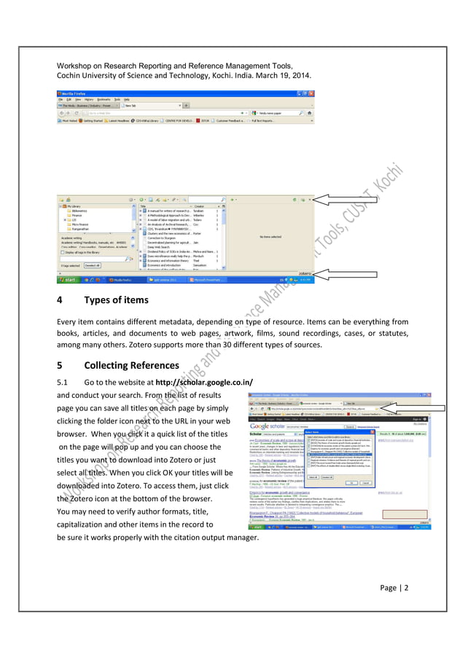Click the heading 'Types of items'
[116, 299]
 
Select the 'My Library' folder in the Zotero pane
[75, 205]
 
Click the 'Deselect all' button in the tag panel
[92, 265]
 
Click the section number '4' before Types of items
[59, 299]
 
